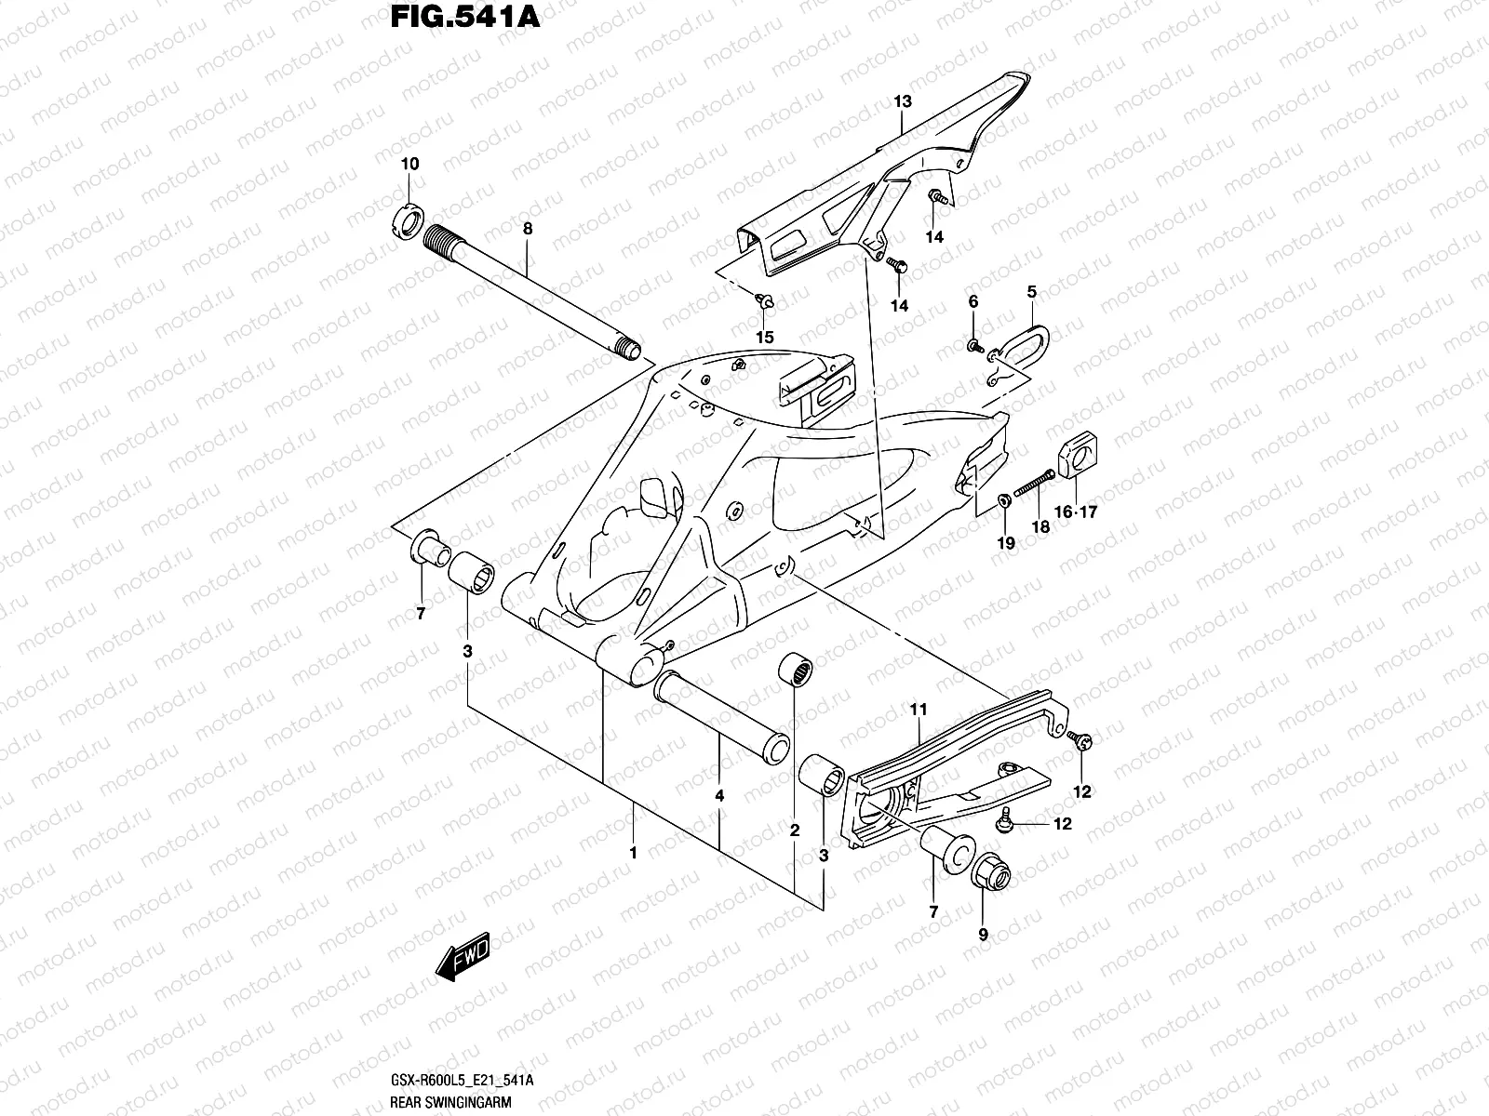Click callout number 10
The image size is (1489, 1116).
pyautogui.click(x=409, y=165)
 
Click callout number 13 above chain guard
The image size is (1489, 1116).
pyautogui.click(x=903, y=101)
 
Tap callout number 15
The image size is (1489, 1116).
pyautogui.click(x=764, y=337)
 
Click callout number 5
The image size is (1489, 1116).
pyautogui.click(x=1031, y=292)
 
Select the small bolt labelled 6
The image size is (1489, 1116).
pyautogui.click(x=974, y=347)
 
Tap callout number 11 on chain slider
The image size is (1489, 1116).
pyautogui.click(x=919, y=711)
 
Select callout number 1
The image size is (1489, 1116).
pyautogui.click(x=633, y=852)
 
